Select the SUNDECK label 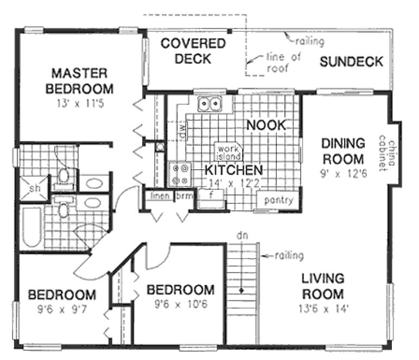pyautogui.click(x=351, y=61)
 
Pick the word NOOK pyautogui.click(x=265, y=125)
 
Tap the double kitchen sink pyautogui.click(x=210, y=102)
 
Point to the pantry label pyautogui.click(x=278, y=200)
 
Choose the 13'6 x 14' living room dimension pyautogui.click(x=322, y=311)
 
